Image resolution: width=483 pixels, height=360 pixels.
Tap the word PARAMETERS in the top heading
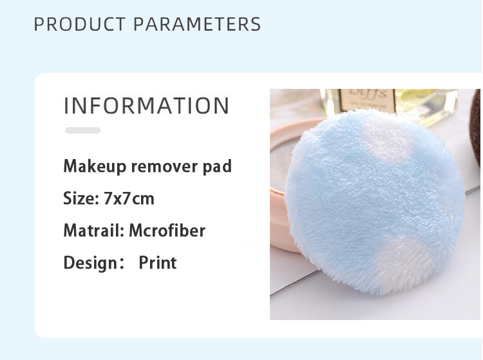(x=197, y=24)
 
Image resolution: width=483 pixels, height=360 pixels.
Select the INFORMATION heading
(x=146, y=106)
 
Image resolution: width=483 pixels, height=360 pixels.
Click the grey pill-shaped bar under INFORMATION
(x=82, y=130)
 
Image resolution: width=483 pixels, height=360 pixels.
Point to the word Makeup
(x=95, y=167)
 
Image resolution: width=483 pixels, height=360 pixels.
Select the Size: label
(x=81, y=198)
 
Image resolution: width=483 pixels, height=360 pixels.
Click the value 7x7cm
(x=129, y=198)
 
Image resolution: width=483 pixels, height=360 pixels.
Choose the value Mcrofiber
(x=167, y=231)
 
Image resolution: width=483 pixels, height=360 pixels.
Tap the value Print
(x=158, y=263)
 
